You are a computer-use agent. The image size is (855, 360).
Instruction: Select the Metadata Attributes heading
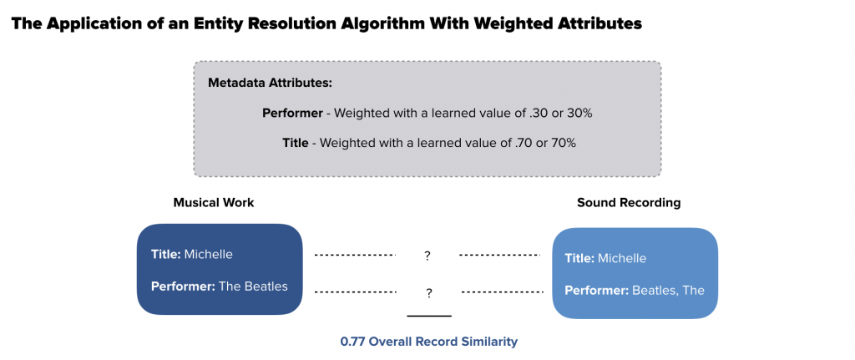pos(270,84)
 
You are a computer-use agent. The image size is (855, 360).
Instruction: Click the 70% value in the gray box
pos(564,143)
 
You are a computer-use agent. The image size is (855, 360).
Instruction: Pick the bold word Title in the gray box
pos(295,143)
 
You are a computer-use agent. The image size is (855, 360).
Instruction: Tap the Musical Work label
pos(214,202)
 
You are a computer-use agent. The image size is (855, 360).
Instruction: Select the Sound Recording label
pos(629,202)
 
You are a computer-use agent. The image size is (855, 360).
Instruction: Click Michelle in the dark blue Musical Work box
pos(208,254)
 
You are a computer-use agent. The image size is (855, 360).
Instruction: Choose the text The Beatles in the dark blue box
pos(253,286)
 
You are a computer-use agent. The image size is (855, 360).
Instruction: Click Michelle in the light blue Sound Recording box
pos(622,258)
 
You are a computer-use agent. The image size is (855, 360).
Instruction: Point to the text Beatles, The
pos(668,290)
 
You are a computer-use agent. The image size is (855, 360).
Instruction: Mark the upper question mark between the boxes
pos(427,256)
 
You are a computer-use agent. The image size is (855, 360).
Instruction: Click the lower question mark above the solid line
pos(429,293)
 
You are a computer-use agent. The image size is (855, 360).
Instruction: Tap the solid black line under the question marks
pos(429,315)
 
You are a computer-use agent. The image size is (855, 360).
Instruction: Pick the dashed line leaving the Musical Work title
pos(355,255)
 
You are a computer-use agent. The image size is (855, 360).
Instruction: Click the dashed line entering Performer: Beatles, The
pos(502,292)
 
